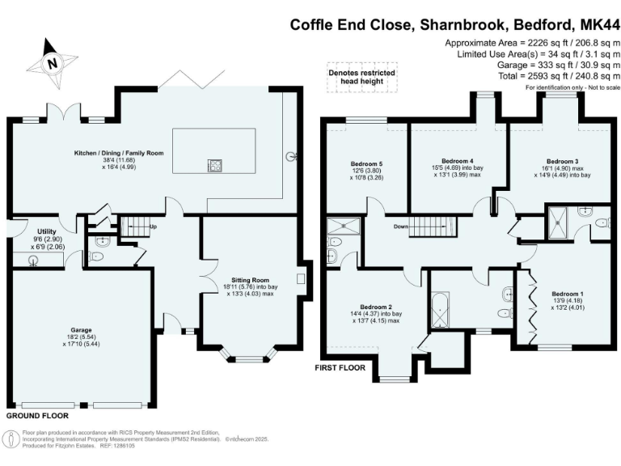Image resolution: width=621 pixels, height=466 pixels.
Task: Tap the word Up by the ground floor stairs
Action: [153, 226]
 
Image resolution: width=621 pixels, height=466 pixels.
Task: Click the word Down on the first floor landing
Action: [400, 227]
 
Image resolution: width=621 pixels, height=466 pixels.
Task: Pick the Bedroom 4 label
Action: [458, 160]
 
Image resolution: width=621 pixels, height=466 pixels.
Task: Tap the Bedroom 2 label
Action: [376, 307]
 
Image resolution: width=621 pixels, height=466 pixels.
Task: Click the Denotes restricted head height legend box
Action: [356, 75]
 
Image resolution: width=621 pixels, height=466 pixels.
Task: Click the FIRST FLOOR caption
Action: [340, 367]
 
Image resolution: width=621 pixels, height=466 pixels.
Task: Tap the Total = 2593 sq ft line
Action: [525, 75]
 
